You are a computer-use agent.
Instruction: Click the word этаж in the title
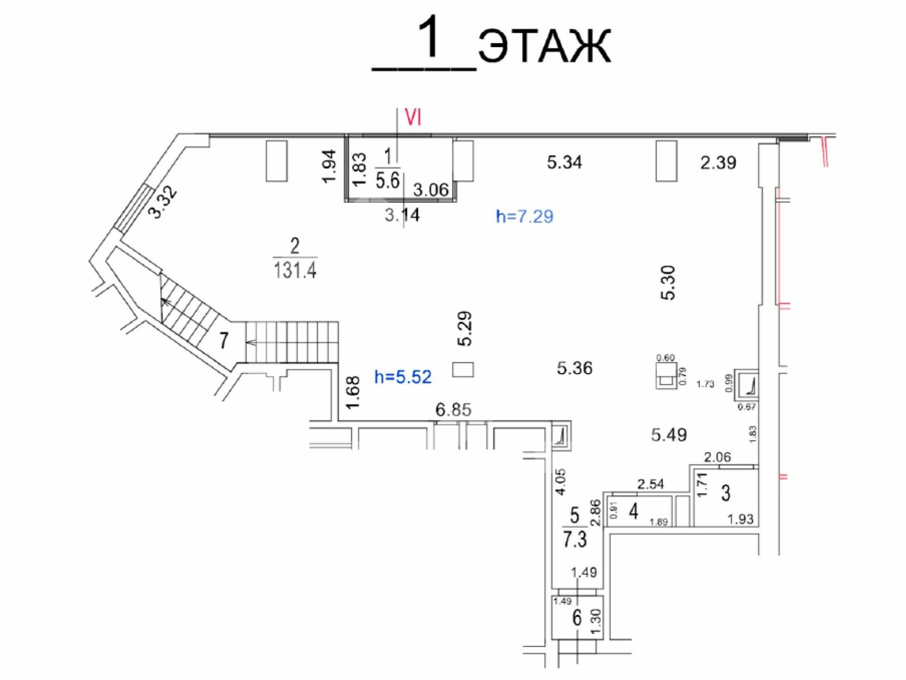(x=545, y=45)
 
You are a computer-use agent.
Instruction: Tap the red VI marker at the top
(x=413, y=117)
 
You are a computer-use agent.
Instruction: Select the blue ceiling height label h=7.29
(x=524, y=216)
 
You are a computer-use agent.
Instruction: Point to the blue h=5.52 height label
(x=403, y=377)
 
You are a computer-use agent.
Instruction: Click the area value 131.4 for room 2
(x=295, y=270)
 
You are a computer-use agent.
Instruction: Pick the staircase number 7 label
(x=224, y=340)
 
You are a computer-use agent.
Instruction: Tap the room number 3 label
(x=726, y=493)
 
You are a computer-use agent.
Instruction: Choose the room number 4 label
(x=633, y=511)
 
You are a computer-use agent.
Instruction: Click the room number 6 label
(x=577, y=618)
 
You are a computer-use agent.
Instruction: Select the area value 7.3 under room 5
(x=575, y=539)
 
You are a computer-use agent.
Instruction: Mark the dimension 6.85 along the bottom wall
(x=453, y=409)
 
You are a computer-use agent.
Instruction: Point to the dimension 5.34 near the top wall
(x=564, y=162)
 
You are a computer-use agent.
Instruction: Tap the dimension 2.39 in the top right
(x=718, y=162)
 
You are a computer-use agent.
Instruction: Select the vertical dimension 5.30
(x=668, y=283)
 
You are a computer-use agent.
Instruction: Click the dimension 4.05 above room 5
(x=561, y=482)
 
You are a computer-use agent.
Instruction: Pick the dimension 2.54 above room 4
(x=650, y=484)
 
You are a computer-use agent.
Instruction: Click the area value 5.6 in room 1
(x=387, y=180)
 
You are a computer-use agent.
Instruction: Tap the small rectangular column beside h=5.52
(x=463, y=369)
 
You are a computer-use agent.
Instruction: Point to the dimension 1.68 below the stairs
(x=353, y=392)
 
